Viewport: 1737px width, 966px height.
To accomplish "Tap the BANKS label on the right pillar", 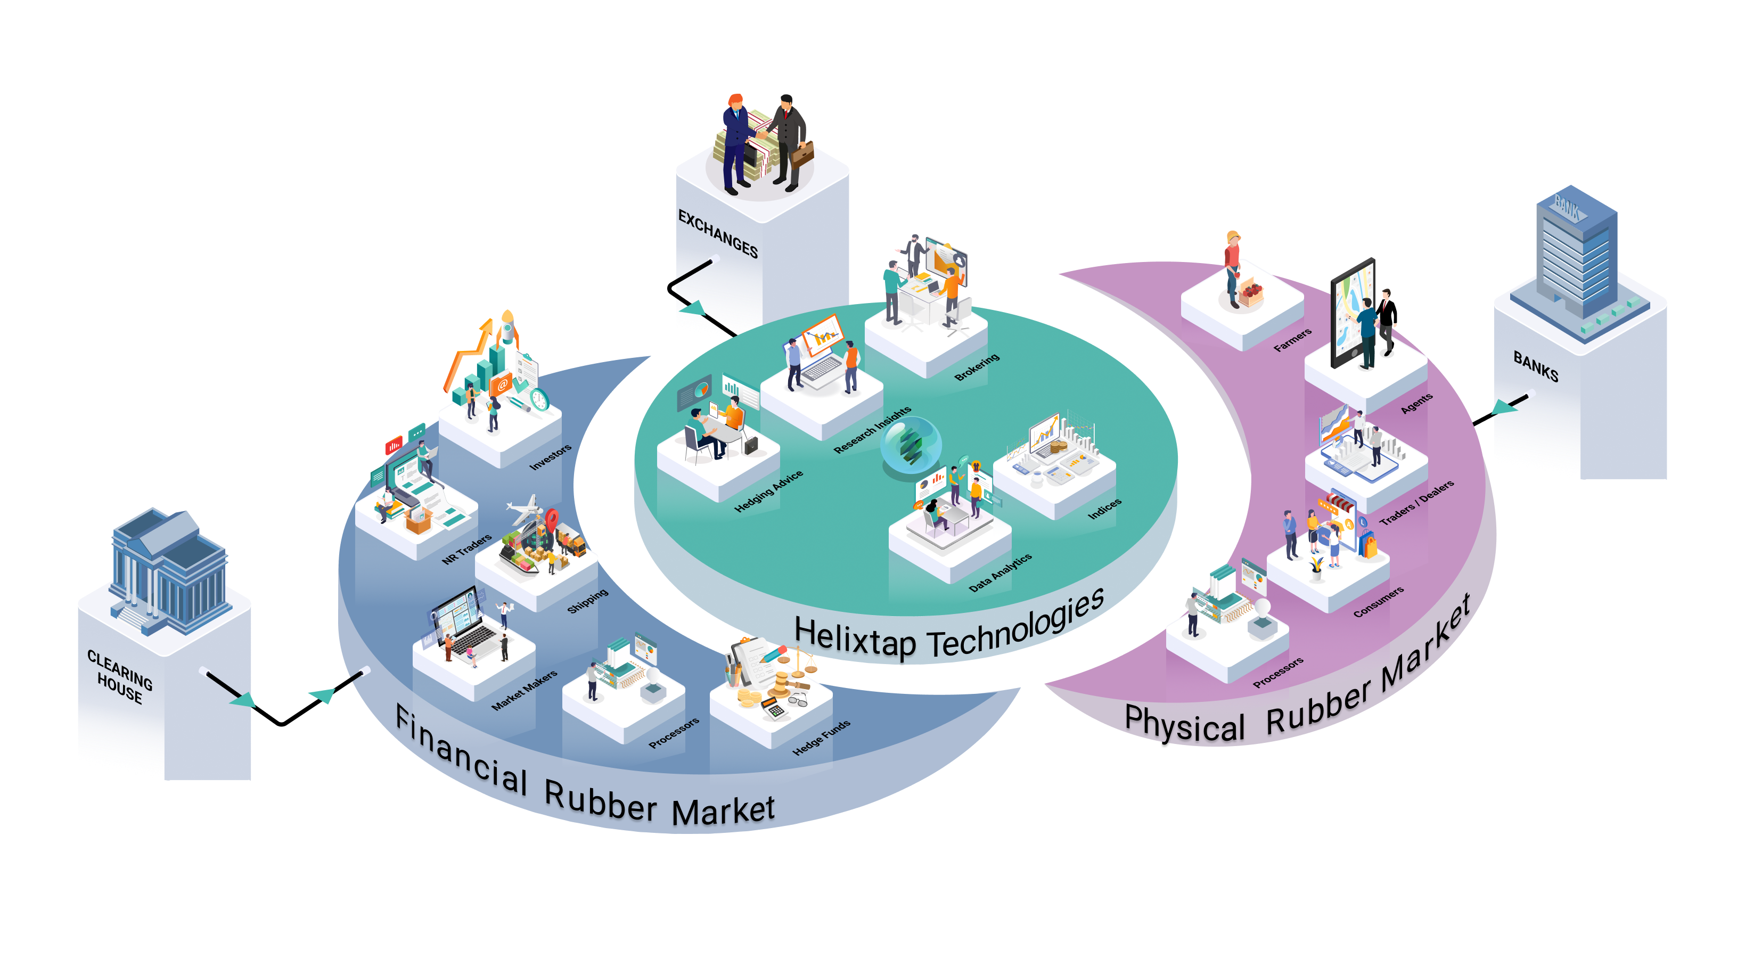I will [x=1535, y=366].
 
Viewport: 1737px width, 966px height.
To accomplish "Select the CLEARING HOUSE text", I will [x=120, y=676].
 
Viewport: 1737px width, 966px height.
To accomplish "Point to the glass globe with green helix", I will [x=911, y=444].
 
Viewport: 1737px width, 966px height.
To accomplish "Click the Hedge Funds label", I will [x=821, y=738].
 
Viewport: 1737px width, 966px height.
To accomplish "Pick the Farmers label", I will [x=1292, y=340].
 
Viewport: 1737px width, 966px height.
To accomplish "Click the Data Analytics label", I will [x=1000, y=573].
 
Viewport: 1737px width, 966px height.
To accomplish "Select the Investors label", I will [x=550, y=457].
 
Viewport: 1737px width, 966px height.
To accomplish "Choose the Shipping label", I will [x=587, y=601].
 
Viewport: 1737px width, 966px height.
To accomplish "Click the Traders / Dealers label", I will [x=1416, y=503].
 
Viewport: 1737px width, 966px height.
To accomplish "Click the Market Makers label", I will [x=524, y=690].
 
